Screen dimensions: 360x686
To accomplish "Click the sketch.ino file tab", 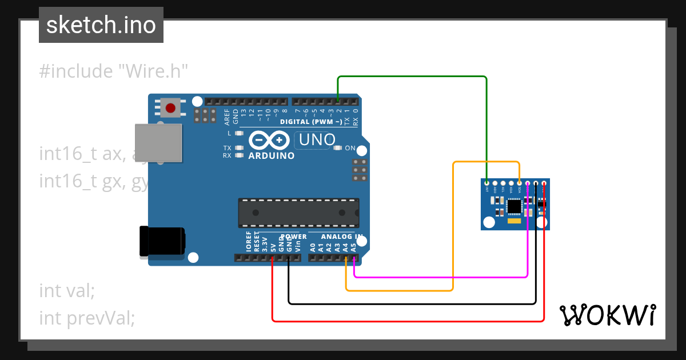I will point(101,25).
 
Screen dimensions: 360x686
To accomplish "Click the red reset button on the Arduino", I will point(170,107).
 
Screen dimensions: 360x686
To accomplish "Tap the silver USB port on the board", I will point(159,143).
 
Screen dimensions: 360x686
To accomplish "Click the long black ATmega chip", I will point(298,213).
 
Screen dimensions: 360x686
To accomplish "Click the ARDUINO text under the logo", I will point(272,155).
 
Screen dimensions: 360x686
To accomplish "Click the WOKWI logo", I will point(607,315).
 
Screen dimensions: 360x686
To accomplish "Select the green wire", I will point(412,77).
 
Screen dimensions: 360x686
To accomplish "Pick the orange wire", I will point(453,229).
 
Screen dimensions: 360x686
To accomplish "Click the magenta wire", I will point(440,277).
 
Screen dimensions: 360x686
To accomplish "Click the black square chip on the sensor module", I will point(514,205).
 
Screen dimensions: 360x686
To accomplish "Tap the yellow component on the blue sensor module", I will point(514,220).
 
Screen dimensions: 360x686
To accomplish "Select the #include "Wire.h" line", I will point(114,71).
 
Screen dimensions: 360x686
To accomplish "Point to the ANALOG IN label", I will point(341,237).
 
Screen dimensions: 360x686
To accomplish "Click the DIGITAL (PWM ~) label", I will point(311,122).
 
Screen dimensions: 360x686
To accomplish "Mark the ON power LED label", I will point(350,149).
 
